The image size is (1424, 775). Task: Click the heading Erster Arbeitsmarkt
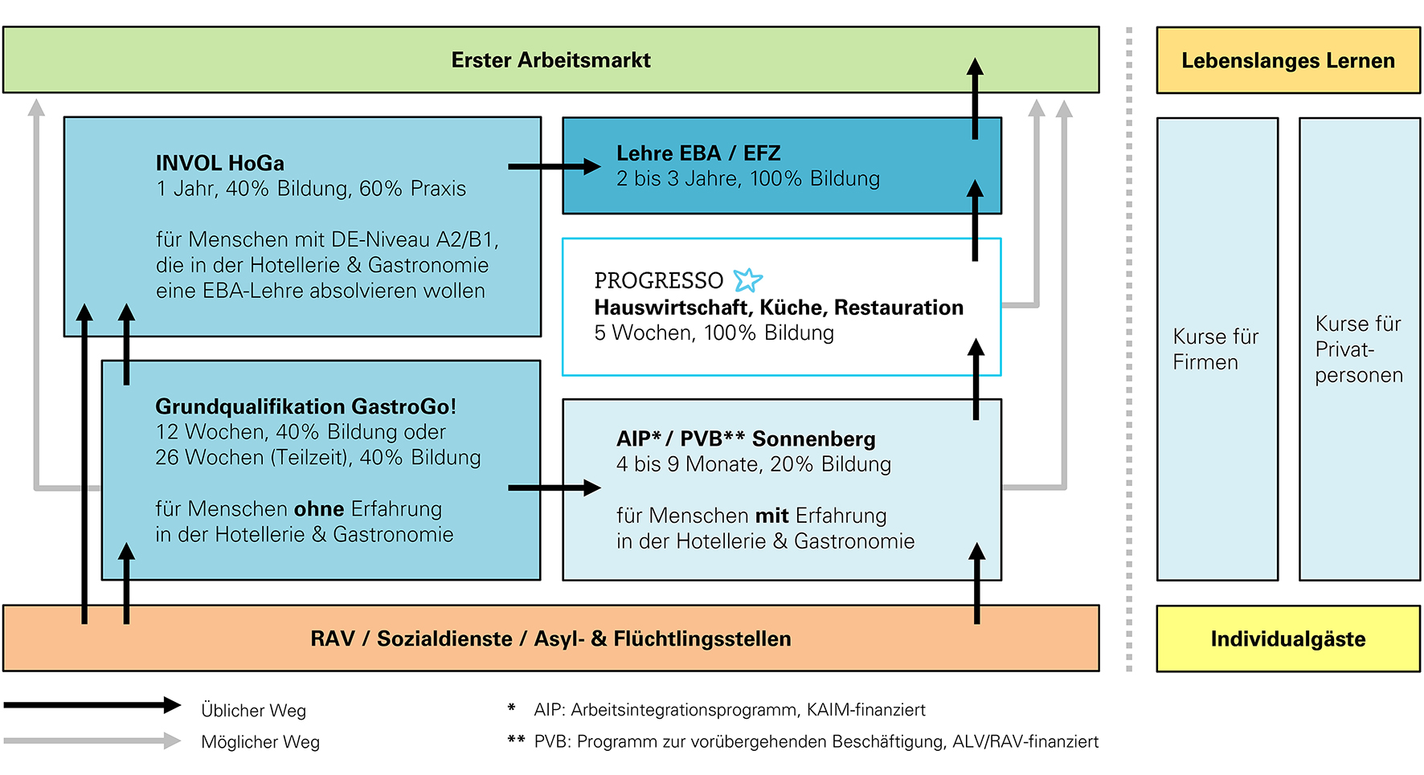coord(550,60)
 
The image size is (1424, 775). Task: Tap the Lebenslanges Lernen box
coord(1287,61)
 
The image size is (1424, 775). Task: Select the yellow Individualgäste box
coord(1287,639)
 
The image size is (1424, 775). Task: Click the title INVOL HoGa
coord(219,163)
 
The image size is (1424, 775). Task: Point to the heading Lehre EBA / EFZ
coord(698,153)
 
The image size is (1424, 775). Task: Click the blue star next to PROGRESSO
coord(747,279)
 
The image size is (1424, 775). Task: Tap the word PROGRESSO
coord(658,280)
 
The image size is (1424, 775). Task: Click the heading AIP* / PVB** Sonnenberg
coord(746,438)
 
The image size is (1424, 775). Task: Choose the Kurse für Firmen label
coord(1215,349)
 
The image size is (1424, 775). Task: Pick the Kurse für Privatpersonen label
coord(1358,349)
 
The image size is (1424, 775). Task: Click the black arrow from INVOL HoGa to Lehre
coord(554,166)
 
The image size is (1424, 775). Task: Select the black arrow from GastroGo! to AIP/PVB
coord(554,487)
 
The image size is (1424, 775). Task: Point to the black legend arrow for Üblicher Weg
coord(92,705)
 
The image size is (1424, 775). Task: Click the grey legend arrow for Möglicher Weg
coord(92,740)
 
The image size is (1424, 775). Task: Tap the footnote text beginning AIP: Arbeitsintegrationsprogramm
coord(729,710)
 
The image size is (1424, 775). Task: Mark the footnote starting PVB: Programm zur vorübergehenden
coord(816,742)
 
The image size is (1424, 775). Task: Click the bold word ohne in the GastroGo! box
coord(319,509)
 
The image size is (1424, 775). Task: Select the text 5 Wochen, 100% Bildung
coord(714,333)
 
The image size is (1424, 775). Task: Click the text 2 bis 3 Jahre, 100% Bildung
coord(747,179)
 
